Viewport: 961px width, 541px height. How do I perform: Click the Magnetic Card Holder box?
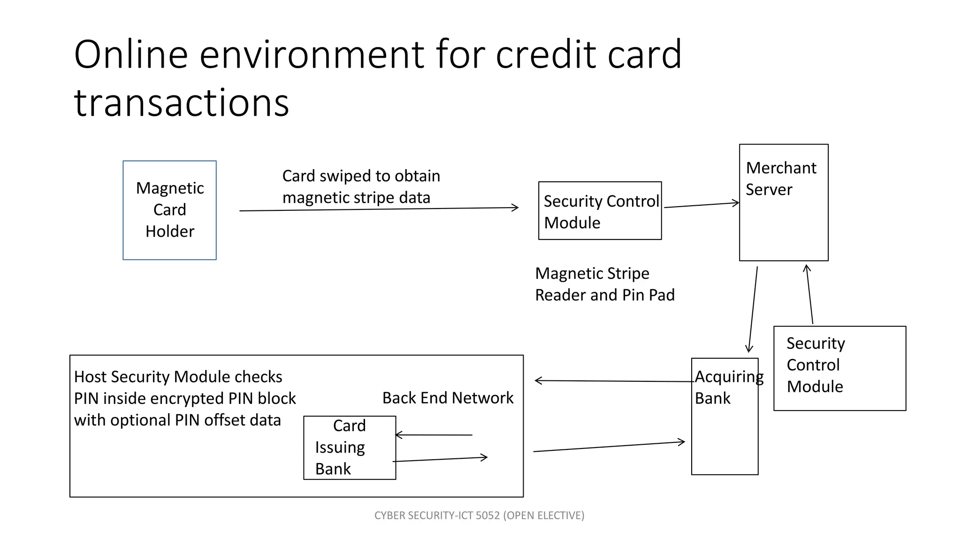click(169, 210)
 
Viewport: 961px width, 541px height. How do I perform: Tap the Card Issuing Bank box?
click(350, 447)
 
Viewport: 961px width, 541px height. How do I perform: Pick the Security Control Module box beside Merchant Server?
click(600, 211)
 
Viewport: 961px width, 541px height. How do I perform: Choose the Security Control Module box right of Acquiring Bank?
click(839, 368)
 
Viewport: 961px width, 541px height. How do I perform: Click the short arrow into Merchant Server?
click(701, 205)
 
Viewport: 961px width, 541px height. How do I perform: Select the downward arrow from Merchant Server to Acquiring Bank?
click(753, 310)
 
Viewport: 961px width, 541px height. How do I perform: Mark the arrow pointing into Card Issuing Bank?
click(434, 435)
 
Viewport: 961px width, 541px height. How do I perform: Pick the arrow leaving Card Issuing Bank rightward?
click(440, 459)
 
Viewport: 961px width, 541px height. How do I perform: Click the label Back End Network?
click(448, 398)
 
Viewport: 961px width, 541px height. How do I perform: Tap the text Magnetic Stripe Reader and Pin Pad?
click(604, 284)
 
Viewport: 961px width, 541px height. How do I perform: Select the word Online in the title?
click(131, 54)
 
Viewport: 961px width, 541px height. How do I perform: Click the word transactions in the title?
click(182, 103)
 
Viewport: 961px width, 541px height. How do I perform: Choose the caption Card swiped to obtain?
click(361, 176)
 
